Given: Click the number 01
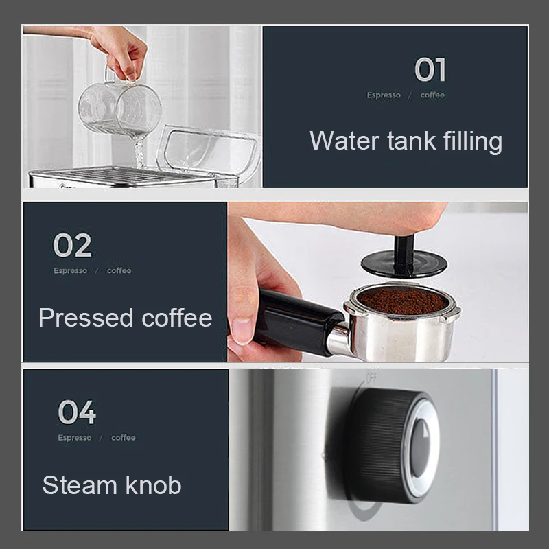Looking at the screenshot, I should (x=430, y=70).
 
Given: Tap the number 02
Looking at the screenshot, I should (x=72, y=246).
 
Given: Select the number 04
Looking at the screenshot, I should (x=77, y=412).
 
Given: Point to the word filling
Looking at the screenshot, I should (x=466, y=142).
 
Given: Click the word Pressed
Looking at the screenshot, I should (x=86, y=318).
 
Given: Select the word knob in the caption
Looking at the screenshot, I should (x=154, y=485).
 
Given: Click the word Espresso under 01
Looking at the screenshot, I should (x=384, y=95).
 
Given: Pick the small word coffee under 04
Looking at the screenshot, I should (x=124, y=438).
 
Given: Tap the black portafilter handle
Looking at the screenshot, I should (x=295, y=319).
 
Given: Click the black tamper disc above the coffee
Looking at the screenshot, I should (x=404, y=264).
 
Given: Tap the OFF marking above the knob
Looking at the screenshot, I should (x=371, y=377).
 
